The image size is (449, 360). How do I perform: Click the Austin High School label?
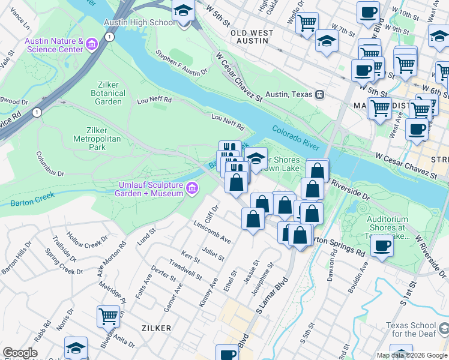(x=139, y=22)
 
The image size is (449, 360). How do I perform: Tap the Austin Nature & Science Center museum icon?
(x=92, y=44)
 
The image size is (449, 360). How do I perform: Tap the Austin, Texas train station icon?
(x=321, y=94)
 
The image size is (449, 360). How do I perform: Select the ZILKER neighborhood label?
(x=156, y=328)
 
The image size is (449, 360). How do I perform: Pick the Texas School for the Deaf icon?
(x=443, y=329)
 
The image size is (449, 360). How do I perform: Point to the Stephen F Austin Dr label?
(x=181, y=65)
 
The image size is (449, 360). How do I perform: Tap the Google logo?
(x=20, y=353)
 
